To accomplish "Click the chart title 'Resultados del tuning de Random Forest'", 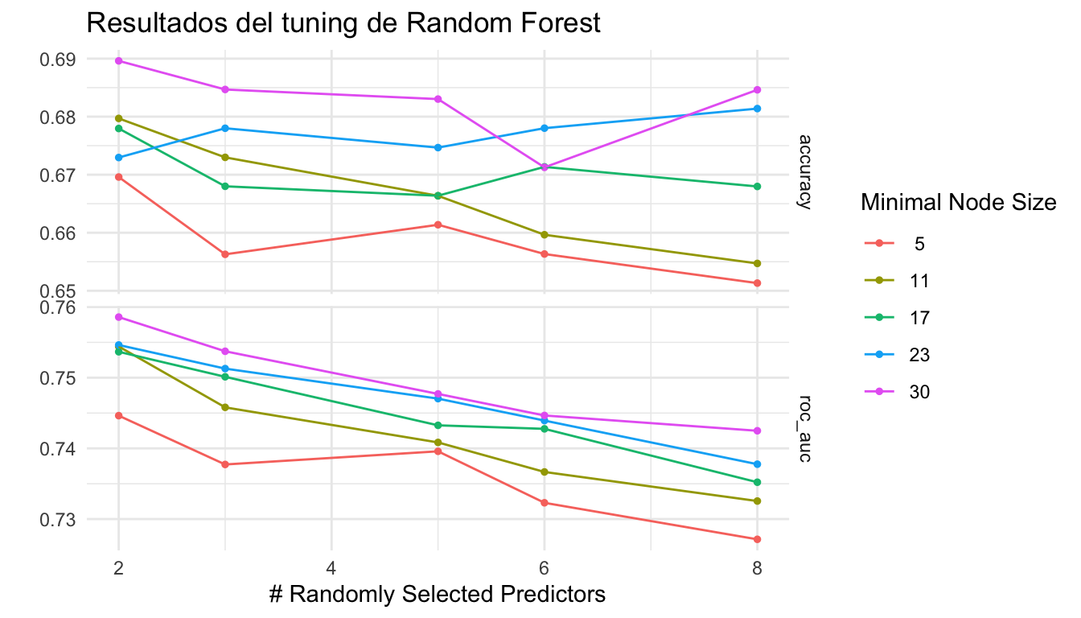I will click(343, 23).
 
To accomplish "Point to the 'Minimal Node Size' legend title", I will click(958, 204).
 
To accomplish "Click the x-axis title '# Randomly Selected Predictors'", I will click(437, 595).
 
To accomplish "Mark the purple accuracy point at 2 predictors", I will click(119, 61).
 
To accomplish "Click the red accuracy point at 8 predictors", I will click(757, 283).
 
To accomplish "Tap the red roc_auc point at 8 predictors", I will click(757, 539).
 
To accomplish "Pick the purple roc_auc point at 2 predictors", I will click(119, 317).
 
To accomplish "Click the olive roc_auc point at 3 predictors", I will click(225, 407).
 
